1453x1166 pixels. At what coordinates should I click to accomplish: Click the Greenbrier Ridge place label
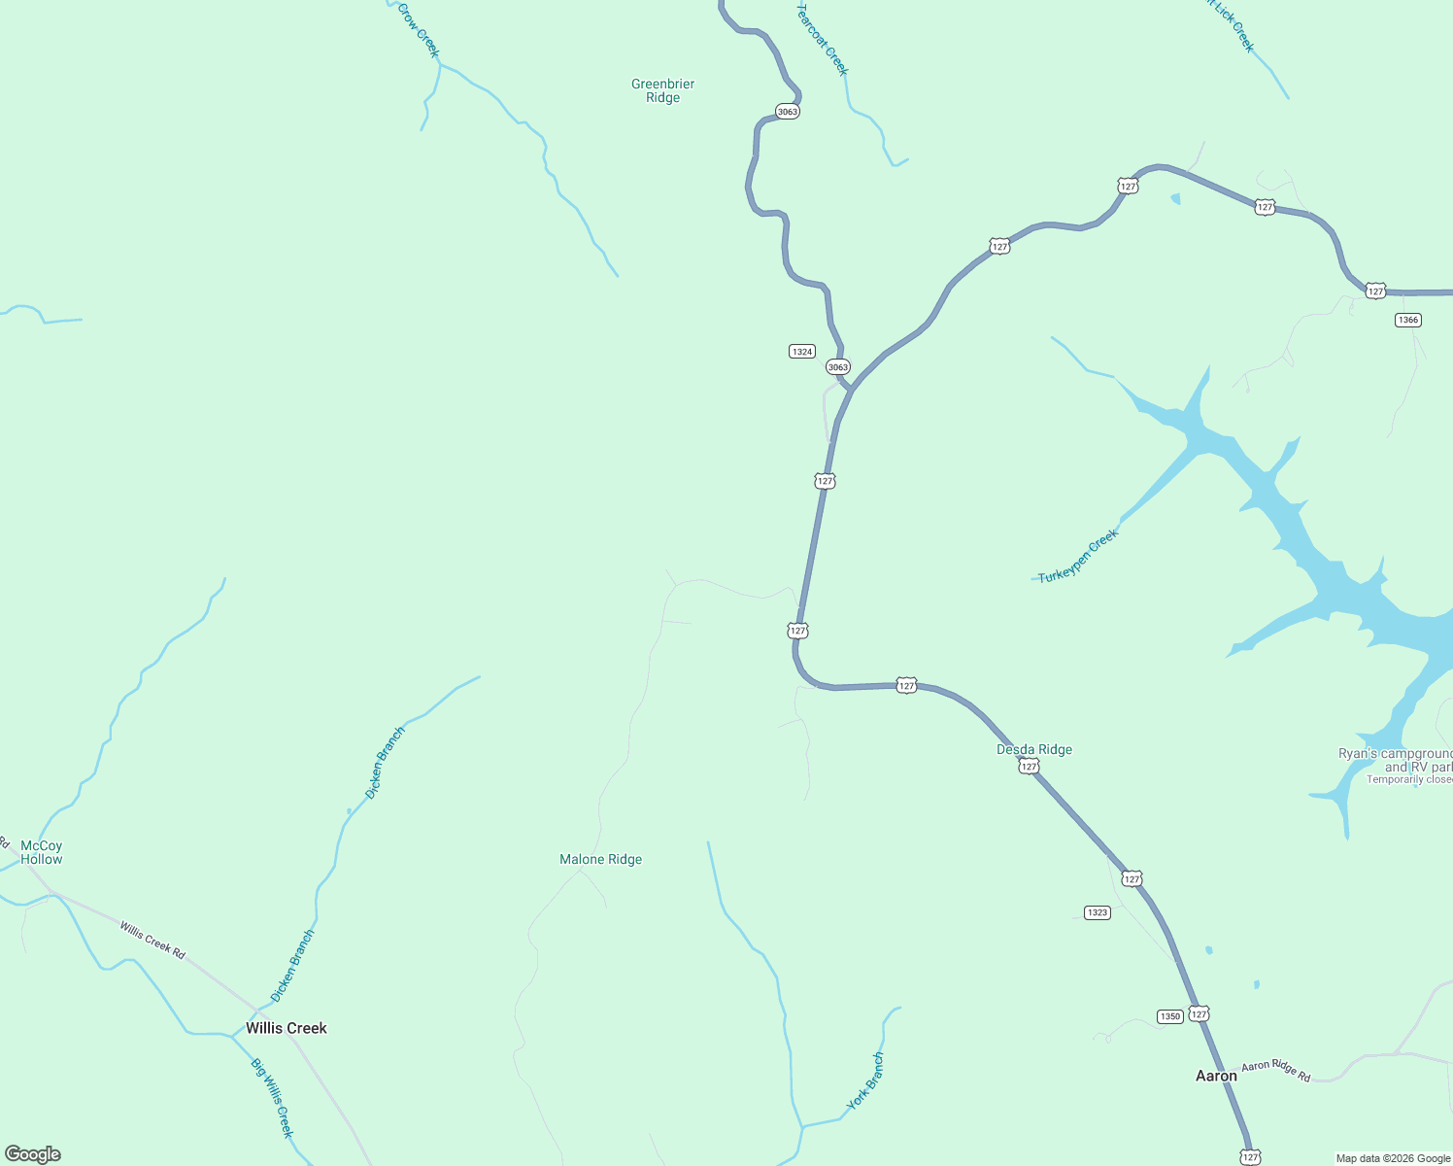[662, 90]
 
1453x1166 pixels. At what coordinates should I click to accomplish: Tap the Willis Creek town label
[286, 1028]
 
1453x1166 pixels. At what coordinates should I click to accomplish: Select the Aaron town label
[1215, 1076]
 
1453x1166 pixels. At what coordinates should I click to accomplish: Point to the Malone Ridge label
[600, 859]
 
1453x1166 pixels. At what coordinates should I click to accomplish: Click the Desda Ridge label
[1034, 749]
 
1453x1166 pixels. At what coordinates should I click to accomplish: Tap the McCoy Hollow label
[41, 852]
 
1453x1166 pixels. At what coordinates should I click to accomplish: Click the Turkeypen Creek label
[1078, 557]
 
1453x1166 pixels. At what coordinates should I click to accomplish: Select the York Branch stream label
[865, 1080]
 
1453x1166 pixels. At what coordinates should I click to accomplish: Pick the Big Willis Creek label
[272, 1098]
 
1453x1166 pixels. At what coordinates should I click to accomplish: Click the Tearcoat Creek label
[823, 39]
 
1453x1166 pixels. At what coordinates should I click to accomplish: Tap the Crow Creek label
[419, 30]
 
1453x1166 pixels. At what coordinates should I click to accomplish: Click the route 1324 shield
[801, 352]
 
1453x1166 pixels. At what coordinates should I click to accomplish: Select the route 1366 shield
[1407, 320]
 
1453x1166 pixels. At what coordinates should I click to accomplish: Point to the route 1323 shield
[1097, 912]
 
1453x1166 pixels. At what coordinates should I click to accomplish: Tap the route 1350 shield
[1169, 1016]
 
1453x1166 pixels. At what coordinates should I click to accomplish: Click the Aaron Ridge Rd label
[1275, 1071]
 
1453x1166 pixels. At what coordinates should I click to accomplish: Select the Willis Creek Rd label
[152, 941]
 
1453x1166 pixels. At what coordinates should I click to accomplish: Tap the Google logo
[33, 1154]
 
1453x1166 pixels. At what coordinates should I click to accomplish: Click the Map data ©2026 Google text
[1392, 1158]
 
